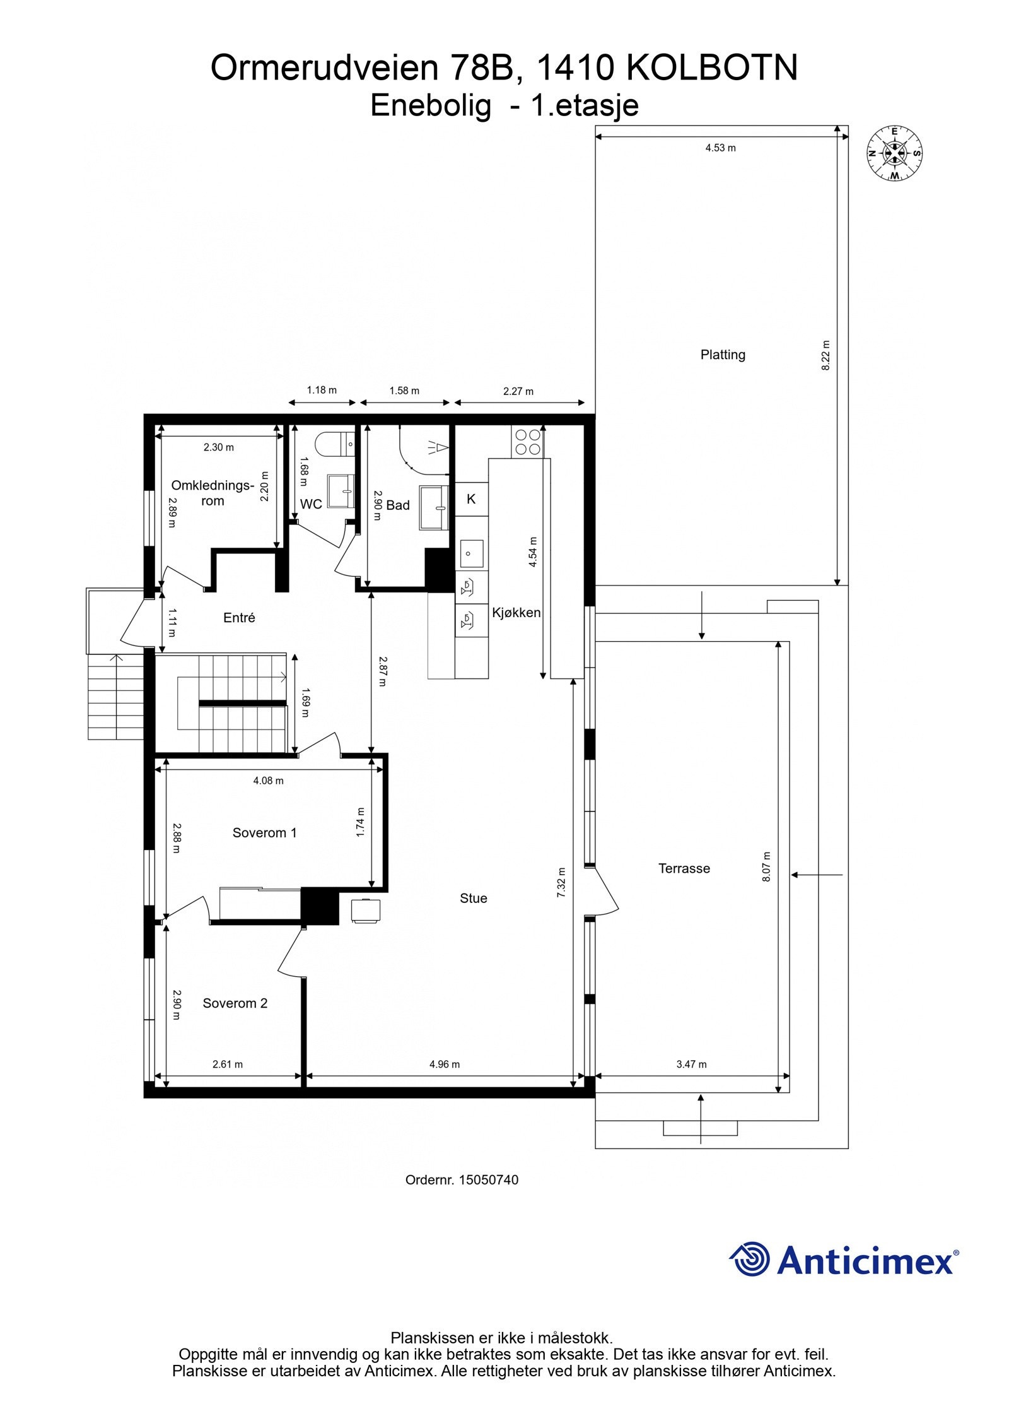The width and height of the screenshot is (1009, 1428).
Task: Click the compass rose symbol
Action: coord(894,153)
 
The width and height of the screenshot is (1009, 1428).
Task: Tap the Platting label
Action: coord(723,355)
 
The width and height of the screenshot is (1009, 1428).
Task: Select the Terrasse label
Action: coord(684,868)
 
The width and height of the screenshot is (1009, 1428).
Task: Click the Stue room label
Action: coord(473,898)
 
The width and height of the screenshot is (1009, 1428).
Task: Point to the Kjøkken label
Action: coord(516,612)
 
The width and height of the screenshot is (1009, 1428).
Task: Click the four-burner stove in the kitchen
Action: coord(528,442)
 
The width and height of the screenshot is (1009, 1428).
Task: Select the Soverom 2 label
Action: coord(235,1003)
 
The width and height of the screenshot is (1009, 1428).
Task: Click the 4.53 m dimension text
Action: coord(720,148)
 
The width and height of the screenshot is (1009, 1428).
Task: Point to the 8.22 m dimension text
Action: coord(826,355)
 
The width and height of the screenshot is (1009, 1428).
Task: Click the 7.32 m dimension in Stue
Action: coord(561,882)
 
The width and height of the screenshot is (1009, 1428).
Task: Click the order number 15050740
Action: coord(488,1180)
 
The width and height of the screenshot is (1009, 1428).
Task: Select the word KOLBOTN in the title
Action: coord(712,68)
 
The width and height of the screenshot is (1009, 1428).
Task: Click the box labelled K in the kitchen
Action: coord(471,499)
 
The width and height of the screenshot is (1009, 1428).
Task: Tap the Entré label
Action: coord(239,618)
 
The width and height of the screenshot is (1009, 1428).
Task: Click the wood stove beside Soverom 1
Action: coord(366,911)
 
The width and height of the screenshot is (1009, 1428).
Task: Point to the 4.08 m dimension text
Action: coord(268,781)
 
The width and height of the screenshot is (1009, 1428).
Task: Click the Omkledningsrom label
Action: coord(213,493)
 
